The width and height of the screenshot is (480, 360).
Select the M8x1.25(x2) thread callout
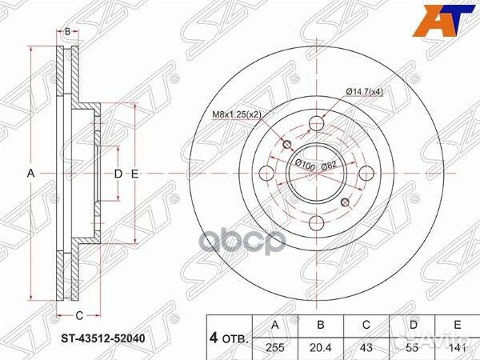[x=237, y=114]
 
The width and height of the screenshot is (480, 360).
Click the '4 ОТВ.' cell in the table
[x=229, y=337]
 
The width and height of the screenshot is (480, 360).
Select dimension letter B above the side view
[x=68, y=31]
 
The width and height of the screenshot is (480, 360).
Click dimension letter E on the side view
[x=135, y=174]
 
